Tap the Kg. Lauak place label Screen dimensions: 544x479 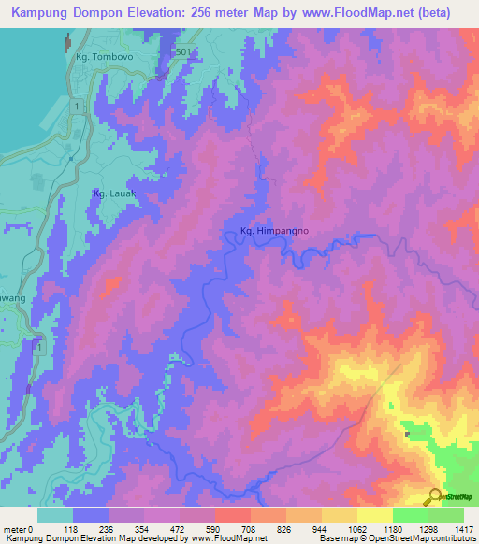coord(114,193)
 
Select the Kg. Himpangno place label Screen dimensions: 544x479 coord(269,232)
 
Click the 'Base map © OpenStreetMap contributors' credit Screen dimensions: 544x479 coord(398,538)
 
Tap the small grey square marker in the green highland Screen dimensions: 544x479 coord(407,433)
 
